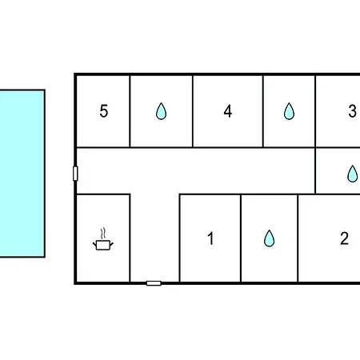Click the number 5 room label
104,111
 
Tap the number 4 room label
228,111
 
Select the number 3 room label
352,111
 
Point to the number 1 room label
210,238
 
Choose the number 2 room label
344,238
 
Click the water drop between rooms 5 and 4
161,111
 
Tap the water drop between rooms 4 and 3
289,111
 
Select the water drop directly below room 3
352,174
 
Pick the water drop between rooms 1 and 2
269,238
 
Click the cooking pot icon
103,245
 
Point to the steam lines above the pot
103,234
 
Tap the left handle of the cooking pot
94,244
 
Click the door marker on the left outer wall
75,174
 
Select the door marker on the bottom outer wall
154,283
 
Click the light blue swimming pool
22,174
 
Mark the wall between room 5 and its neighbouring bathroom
130,111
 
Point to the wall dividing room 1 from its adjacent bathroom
241,238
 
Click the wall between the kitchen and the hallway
130,238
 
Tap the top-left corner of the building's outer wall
75,74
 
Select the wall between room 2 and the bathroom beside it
298,238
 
